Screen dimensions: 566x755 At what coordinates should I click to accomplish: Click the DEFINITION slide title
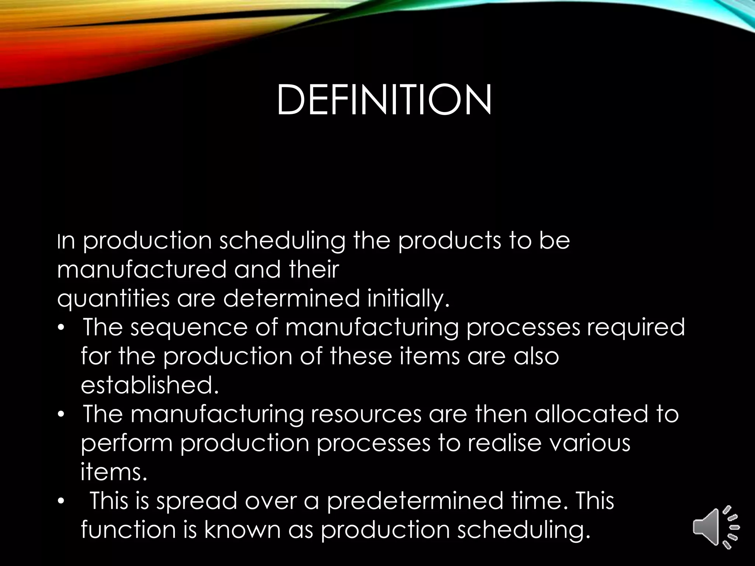coord(384,99)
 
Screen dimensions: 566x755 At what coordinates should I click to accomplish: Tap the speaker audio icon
coord(716,527)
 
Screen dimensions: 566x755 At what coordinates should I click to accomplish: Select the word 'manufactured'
coord(142,269)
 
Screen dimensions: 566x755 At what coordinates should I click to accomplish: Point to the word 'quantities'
coord(113,299)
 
